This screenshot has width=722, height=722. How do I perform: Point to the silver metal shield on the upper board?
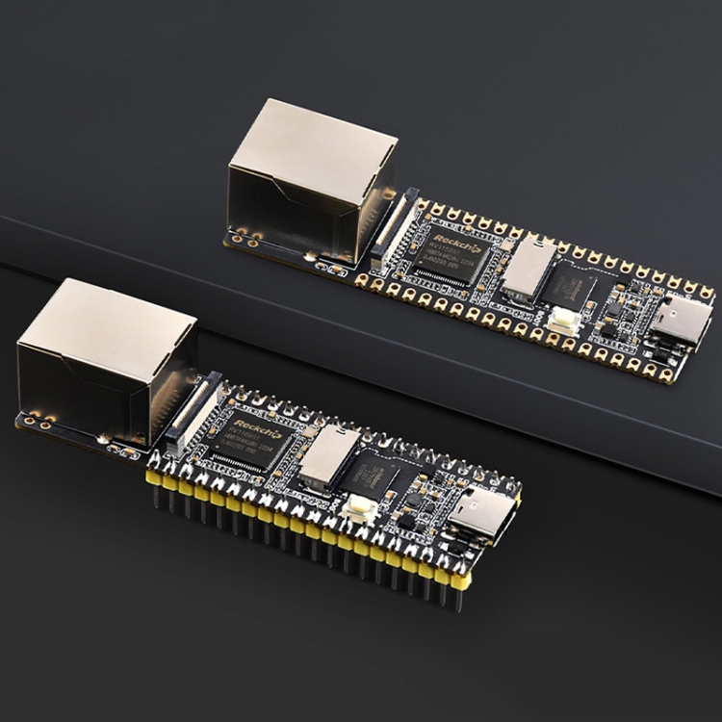click(x=529, y=267)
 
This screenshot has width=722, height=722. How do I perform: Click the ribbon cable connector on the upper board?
click(x=394, y=227)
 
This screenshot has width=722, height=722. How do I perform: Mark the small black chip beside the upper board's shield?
click(x=571, y=286)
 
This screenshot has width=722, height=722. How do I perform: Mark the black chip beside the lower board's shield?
click(x=375, y=474)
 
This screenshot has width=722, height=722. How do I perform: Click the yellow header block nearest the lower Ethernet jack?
click(x=155, y=478)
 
